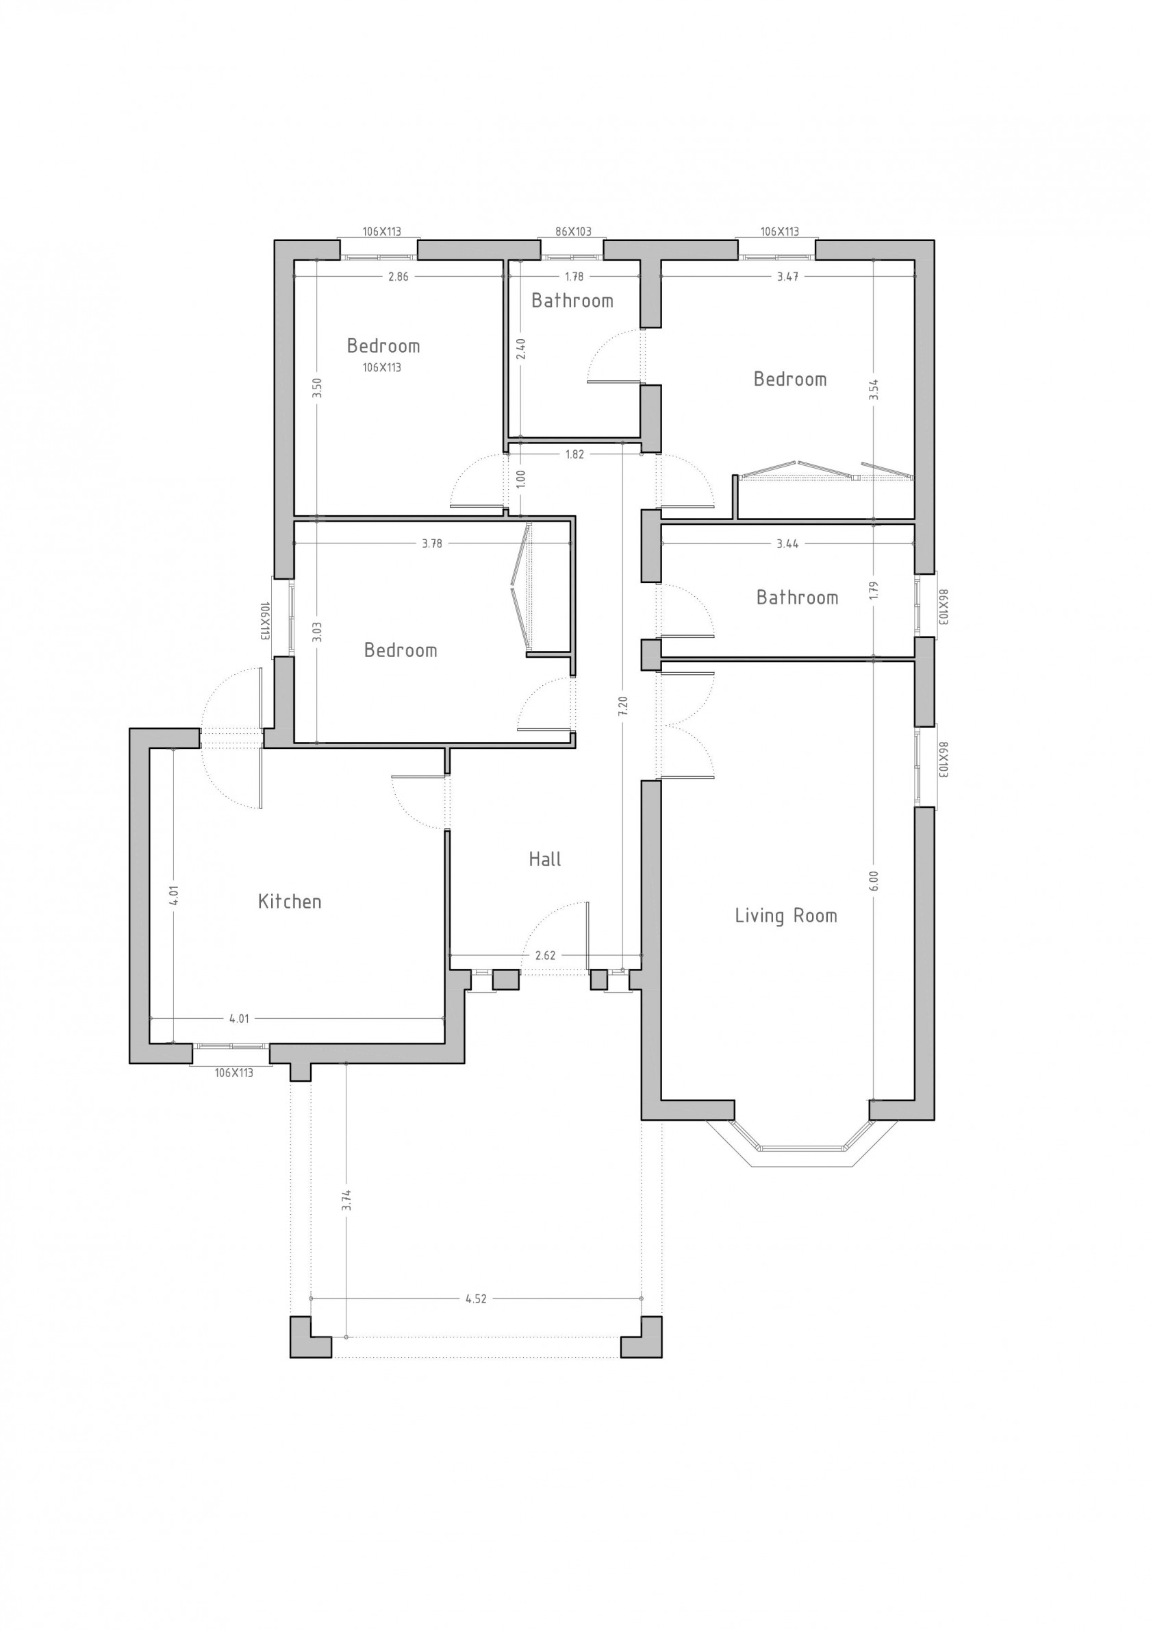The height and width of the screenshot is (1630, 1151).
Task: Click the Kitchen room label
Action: (x=290, y=902)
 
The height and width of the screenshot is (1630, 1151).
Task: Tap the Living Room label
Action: (x=785, y=916)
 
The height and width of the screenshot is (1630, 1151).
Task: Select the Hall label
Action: (x=545, y=859)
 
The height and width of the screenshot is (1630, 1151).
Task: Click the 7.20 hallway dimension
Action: (x=623, y=706)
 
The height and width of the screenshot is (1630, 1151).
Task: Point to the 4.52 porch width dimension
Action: (x=475, y=1299)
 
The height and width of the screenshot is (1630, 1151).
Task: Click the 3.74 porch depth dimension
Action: (x=346, y=1200)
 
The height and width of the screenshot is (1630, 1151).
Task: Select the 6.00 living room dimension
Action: (x=874, y=880)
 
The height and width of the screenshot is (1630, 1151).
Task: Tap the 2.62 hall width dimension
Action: (x=545, y=956)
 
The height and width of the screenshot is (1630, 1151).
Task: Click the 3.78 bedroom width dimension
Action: (x=432, y=544)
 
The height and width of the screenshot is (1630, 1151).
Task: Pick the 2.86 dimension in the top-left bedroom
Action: (x=398, y=277)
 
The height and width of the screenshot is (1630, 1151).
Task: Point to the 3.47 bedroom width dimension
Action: (x=787, y=277)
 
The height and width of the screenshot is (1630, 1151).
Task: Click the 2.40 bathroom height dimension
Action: (x=521, y=349)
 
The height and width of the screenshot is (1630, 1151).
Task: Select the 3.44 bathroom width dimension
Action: (x=787, y=544)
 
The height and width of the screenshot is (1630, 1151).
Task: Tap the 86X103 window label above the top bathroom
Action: (x=572, y=232)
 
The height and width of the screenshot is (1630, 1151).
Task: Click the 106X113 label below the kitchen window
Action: (x=233, y=1073)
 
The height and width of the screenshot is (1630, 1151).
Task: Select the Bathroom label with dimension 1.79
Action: (x=797, y=597)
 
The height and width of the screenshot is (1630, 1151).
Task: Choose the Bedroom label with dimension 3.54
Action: (x=789, y=379)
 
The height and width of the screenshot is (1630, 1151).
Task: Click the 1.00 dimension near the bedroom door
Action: (x=521, y=478)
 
